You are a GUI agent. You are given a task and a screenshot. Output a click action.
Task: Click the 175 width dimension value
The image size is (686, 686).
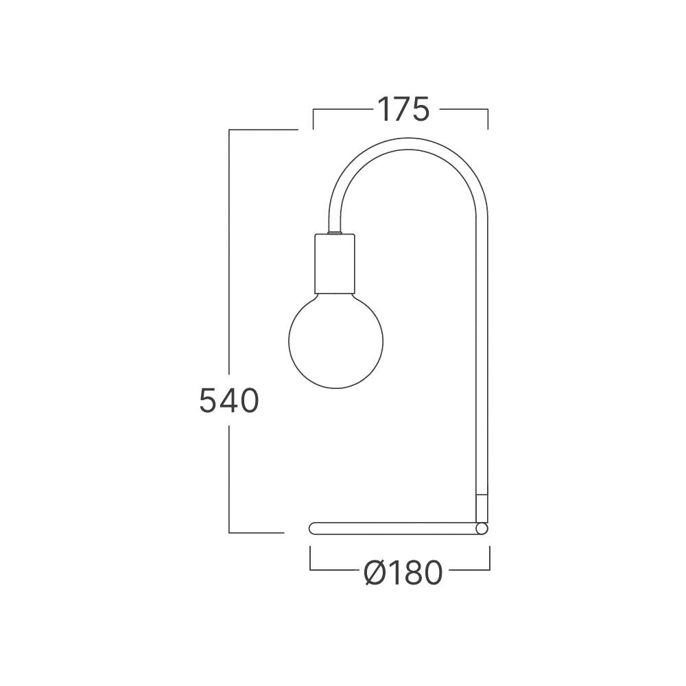(x=403, y=110)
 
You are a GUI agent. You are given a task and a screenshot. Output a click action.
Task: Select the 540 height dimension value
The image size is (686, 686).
(x=228, y=401)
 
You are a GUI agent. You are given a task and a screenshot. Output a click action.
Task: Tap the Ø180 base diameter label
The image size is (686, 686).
(x=403, y=573)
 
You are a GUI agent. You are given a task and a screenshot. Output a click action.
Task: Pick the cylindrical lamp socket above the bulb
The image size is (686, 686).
(x=335, y=263)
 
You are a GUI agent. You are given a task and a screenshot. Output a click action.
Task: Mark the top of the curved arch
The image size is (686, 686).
(x=410, y=138)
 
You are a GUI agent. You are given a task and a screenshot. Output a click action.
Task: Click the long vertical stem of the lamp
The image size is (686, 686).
(x=482, y=343)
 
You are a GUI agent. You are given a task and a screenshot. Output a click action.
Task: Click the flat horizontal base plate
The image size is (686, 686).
(x=391, y=528)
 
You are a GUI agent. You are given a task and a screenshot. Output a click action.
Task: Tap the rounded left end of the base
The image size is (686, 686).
(x=314, y=528)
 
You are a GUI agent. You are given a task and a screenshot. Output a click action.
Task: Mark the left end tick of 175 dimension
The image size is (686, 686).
(x=314, y=118)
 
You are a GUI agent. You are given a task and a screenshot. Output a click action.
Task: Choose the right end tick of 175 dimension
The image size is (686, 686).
(x=488, y=118)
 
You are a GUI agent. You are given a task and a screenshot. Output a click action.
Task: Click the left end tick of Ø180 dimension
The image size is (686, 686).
(x=311, y=559)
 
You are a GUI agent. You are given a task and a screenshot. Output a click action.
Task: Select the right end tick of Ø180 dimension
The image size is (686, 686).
(x=489, y=559)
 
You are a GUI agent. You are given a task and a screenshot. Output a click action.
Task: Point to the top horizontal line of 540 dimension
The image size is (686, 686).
(x=263, y=129)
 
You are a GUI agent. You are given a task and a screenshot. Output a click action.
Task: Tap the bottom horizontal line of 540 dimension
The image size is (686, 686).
(x=256, y=532)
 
